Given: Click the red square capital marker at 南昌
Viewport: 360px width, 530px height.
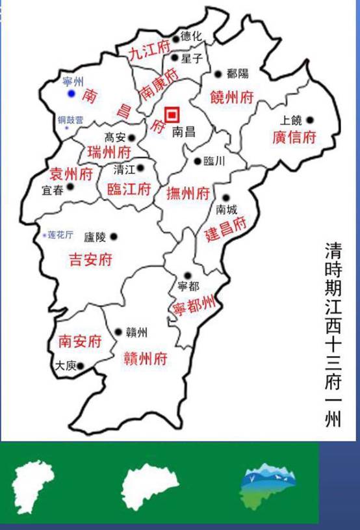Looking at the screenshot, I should (172, 115).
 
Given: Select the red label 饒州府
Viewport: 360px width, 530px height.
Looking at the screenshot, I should (231, 98).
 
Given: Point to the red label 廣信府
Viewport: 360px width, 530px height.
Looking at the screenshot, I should (294, 137).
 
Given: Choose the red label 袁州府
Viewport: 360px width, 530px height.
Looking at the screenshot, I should (72, 174).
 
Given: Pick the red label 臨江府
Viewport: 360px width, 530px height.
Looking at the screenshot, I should (129, 189).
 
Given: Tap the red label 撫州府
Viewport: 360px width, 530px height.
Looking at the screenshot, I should (188, 193).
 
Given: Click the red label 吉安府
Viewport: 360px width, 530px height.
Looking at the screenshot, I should (90, 260).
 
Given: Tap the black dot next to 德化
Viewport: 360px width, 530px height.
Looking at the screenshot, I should (175, 39).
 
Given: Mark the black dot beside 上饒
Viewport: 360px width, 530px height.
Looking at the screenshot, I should (310, 120).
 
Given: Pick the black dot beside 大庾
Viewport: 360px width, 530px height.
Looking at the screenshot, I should (81, 366).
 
